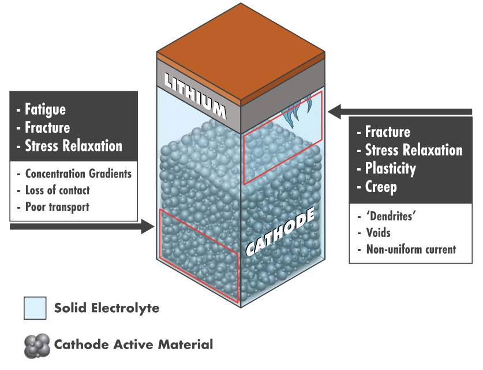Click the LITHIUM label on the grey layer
(x=195, y=95)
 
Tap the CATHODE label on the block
(x=280, y=231)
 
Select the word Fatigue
(x=45, y=109)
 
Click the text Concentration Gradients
(x=78, y=174)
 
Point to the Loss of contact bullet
(x=57, y=190)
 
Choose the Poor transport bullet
(x=57, y=207)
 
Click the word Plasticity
(x=390, y=169)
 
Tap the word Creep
(x=381, y=187)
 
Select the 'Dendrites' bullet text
(x=391, y=216)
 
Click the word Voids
(x=379, y=232)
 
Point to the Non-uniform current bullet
(x=411, y=249)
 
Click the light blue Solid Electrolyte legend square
(x=35, y=308)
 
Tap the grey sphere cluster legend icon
(x=37, y=346)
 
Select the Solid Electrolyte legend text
(x=107, y=308)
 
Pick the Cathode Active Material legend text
(x=133, y=344)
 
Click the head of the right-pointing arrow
(x=148, y=227)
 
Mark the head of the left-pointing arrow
(x=335, y=112)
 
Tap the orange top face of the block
(x=241, y=52)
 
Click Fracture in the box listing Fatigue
(x=47, y=127)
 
